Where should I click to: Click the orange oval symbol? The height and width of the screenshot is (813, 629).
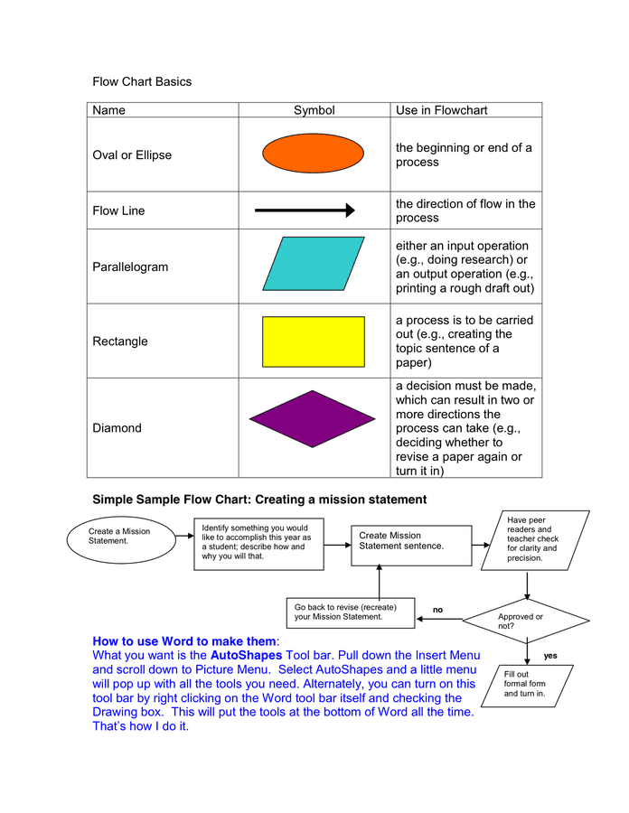pyautogui.click(x=314, y=154)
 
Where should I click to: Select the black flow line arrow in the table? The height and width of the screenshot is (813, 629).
pyautogui.click(x=305, y=210)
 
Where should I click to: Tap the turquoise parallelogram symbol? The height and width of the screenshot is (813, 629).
pyautogui.click(x=314, y=265)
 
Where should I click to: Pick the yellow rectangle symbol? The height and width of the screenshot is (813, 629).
pyautogui.click(x=314, y=341)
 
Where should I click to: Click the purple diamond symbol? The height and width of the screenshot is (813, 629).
pyautogui.click(x=313, y=418)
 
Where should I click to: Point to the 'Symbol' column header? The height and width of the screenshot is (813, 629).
pyautogui.click(x=314, y=110)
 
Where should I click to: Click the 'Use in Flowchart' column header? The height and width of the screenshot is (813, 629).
pyautogui.click(x=441, y=110)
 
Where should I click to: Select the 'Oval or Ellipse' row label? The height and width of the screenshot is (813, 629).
pyautogui.click(x=132, y=155)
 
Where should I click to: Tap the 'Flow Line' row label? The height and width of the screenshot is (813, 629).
pyautogui.click(x=118, y=211)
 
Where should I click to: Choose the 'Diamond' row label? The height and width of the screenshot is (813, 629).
pyautogui.click(x=117, y=428)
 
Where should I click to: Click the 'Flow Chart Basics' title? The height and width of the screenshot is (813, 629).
pyautogui.click(x=142, y=81)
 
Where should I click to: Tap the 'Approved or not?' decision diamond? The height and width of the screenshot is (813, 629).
pyautogui.click(x=526, y=621)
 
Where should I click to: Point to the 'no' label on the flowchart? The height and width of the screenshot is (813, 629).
pyautogui.click(x=438, y=610)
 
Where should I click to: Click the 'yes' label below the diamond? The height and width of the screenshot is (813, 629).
pyautogui.click(x=550, y=654)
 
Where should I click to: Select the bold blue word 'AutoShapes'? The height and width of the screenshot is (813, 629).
pyautogui.click(x=246, y=654)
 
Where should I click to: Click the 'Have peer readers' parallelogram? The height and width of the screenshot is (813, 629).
pyautogui.click(x=534, y=539)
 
